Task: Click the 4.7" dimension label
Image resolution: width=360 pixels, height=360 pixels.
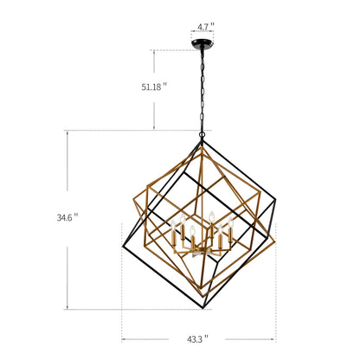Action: (206, 27)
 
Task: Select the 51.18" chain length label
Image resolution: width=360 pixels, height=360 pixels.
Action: (154, 87)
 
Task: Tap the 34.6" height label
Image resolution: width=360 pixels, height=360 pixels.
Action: (67, 217)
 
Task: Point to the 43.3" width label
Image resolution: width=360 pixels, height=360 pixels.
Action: (197, 339)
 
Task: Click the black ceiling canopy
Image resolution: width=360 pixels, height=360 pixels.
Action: (202, 43)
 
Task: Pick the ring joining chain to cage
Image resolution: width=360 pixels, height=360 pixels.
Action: (202, 134)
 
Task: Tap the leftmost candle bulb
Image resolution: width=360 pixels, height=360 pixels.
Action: (173, 225)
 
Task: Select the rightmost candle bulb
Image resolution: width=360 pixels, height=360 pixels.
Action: (230, 222)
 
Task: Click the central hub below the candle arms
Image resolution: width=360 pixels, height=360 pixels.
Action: (201, 251)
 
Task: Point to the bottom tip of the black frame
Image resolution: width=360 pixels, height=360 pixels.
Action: (203, 308)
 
